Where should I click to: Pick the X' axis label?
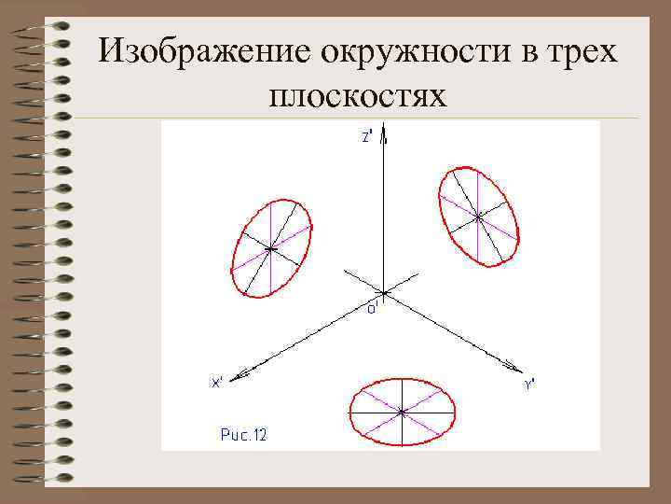pyautogui.click(x=216, y=382)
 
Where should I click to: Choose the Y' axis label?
pyautogui.click(x=528, y=384)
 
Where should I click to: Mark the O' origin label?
pyautogui.click(x=371, y=309)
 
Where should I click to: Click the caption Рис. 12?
pyautogui.click(x=243, y=435)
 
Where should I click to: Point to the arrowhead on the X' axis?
pyautogui.click(x=240, y=375)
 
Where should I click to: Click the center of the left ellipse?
pyautogui.click(x=270, y=248)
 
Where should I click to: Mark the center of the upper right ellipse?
pyautogui.click(x=478, y=217)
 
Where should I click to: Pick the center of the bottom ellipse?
pyautogui.click(x=402, y=411)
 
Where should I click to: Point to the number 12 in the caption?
pyautogui.click(x=258, y=435)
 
